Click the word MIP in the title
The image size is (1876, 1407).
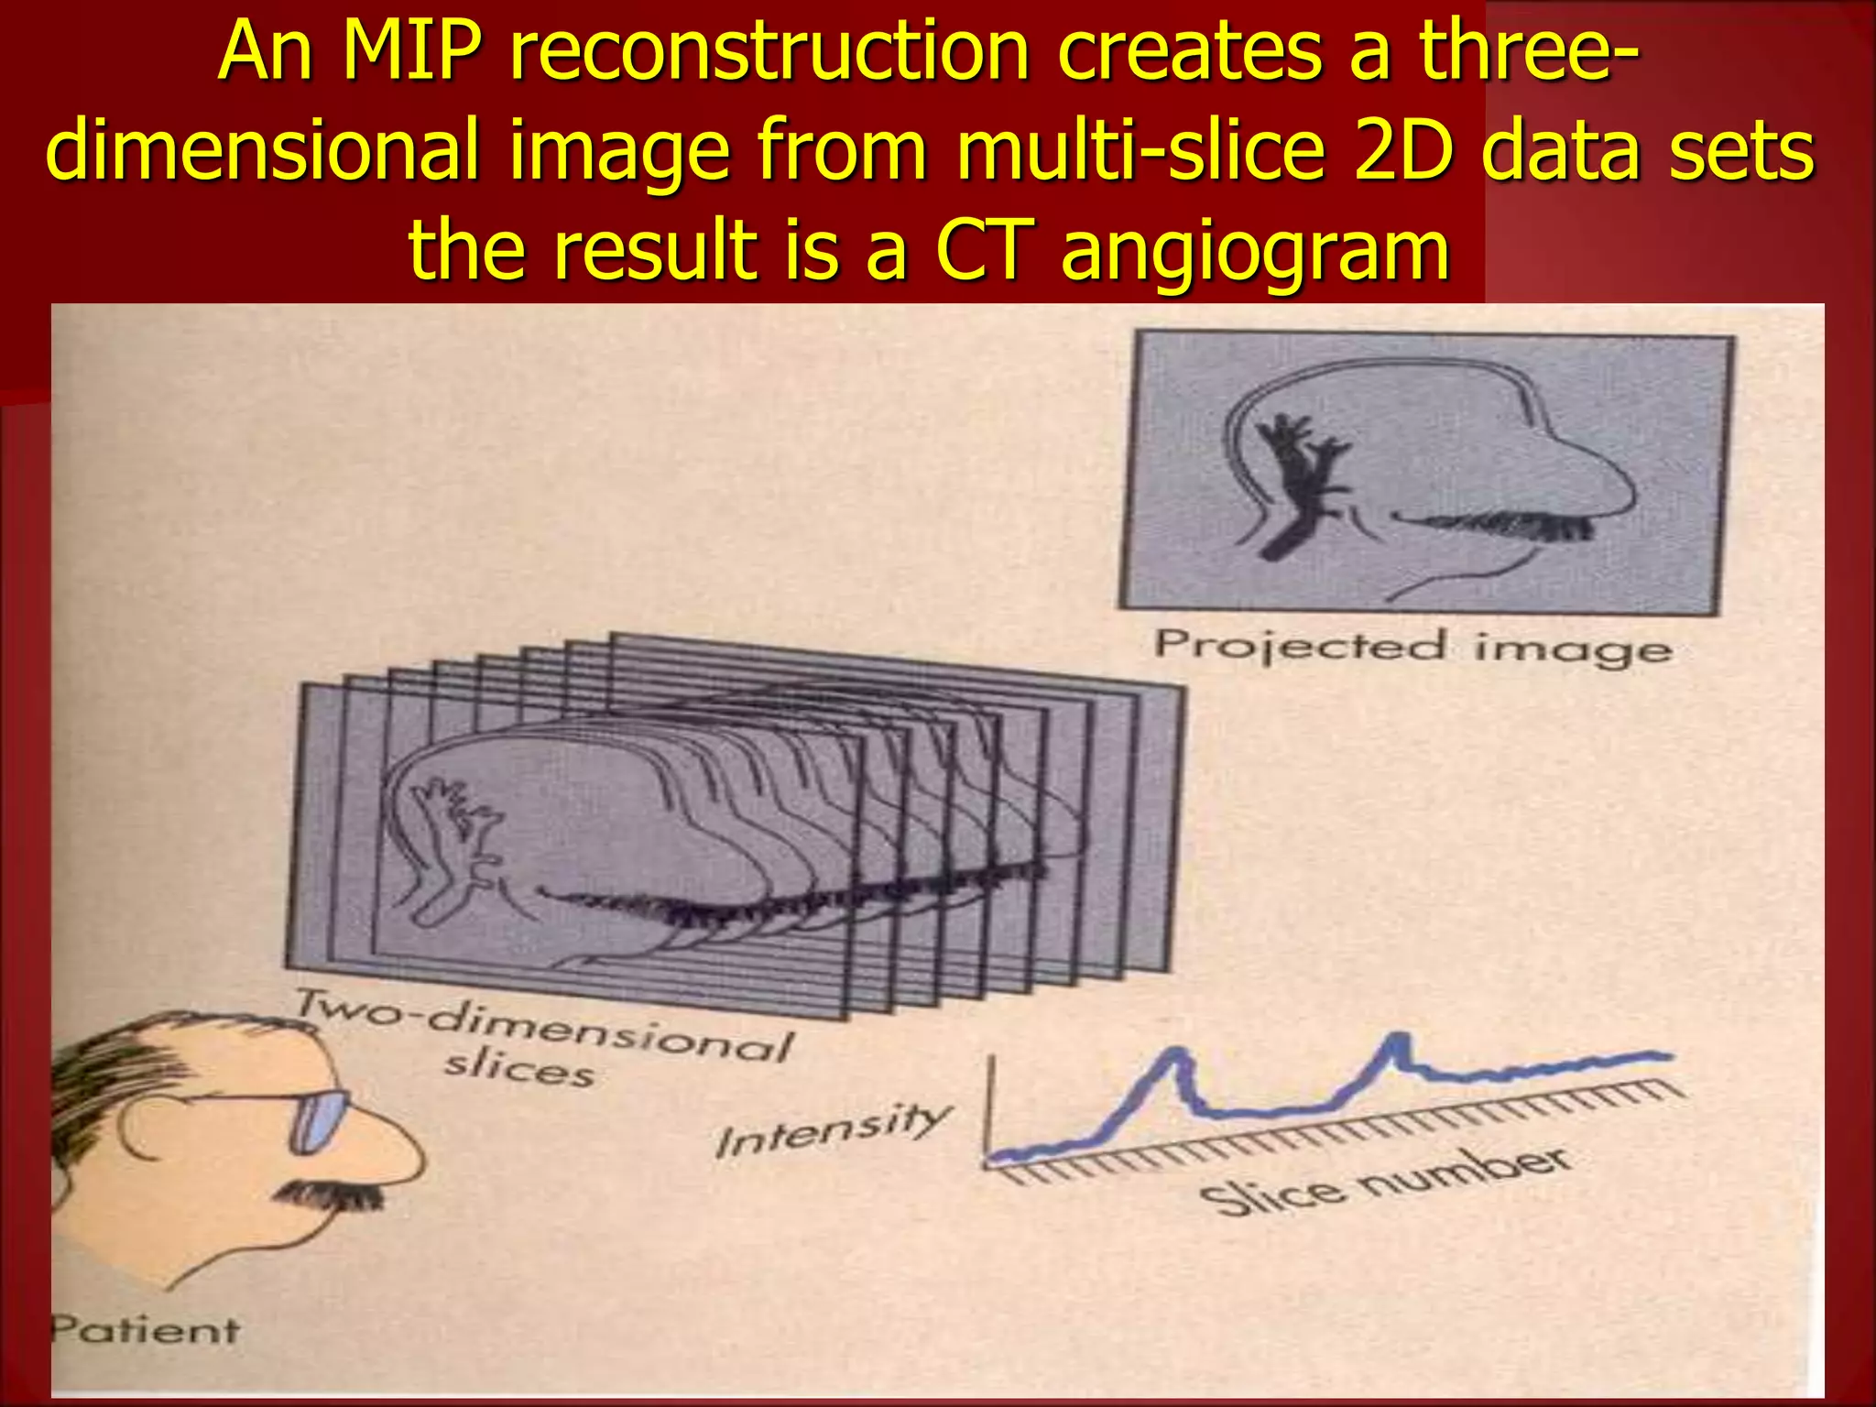(411, 53)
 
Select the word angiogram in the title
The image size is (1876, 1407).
(1255, 250)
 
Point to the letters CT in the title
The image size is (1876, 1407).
(984, 250)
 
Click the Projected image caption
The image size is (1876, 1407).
(1412, 648)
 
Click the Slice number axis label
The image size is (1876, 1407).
(1384, 1183)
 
